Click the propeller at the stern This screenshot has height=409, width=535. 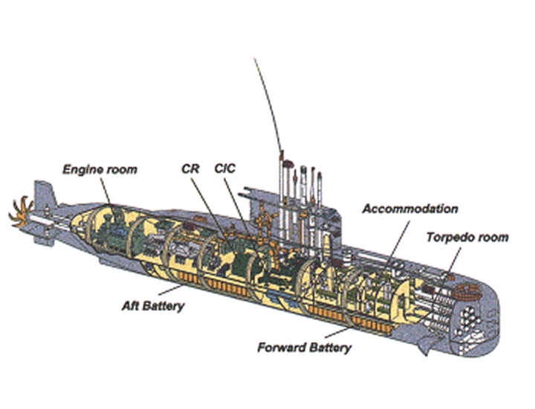coord(21,209)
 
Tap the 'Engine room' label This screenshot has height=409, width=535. coord(100,170)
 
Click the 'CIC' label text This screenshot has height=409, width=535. coord(224,168)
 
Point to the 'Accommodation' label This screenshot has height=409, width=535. coord(409,209)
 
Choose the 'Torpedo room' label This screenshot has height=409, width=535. coord(467,238)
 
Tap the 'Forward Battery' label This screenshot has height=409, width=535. coord(304,347)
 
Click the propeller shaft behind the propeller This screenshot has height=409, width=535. coord(45,220)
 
